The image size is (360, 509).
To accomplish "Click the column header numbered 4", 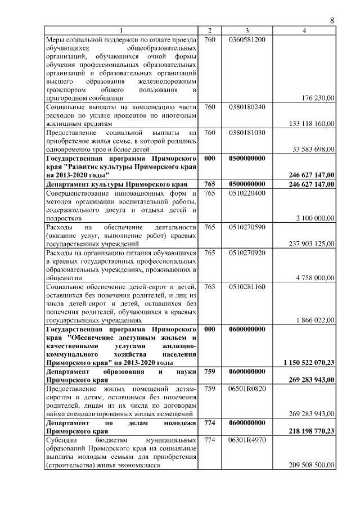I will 304,30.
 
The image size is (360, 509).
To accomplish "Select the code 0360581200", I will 247,39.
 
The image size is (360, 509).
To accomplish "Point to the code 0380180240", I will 247,107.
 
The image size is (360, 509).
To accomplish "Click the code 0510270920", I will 247,253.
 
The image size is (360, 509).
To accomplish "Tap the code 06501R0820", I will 247,389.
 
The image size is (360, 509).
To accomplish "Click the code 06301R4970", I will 247,439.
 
